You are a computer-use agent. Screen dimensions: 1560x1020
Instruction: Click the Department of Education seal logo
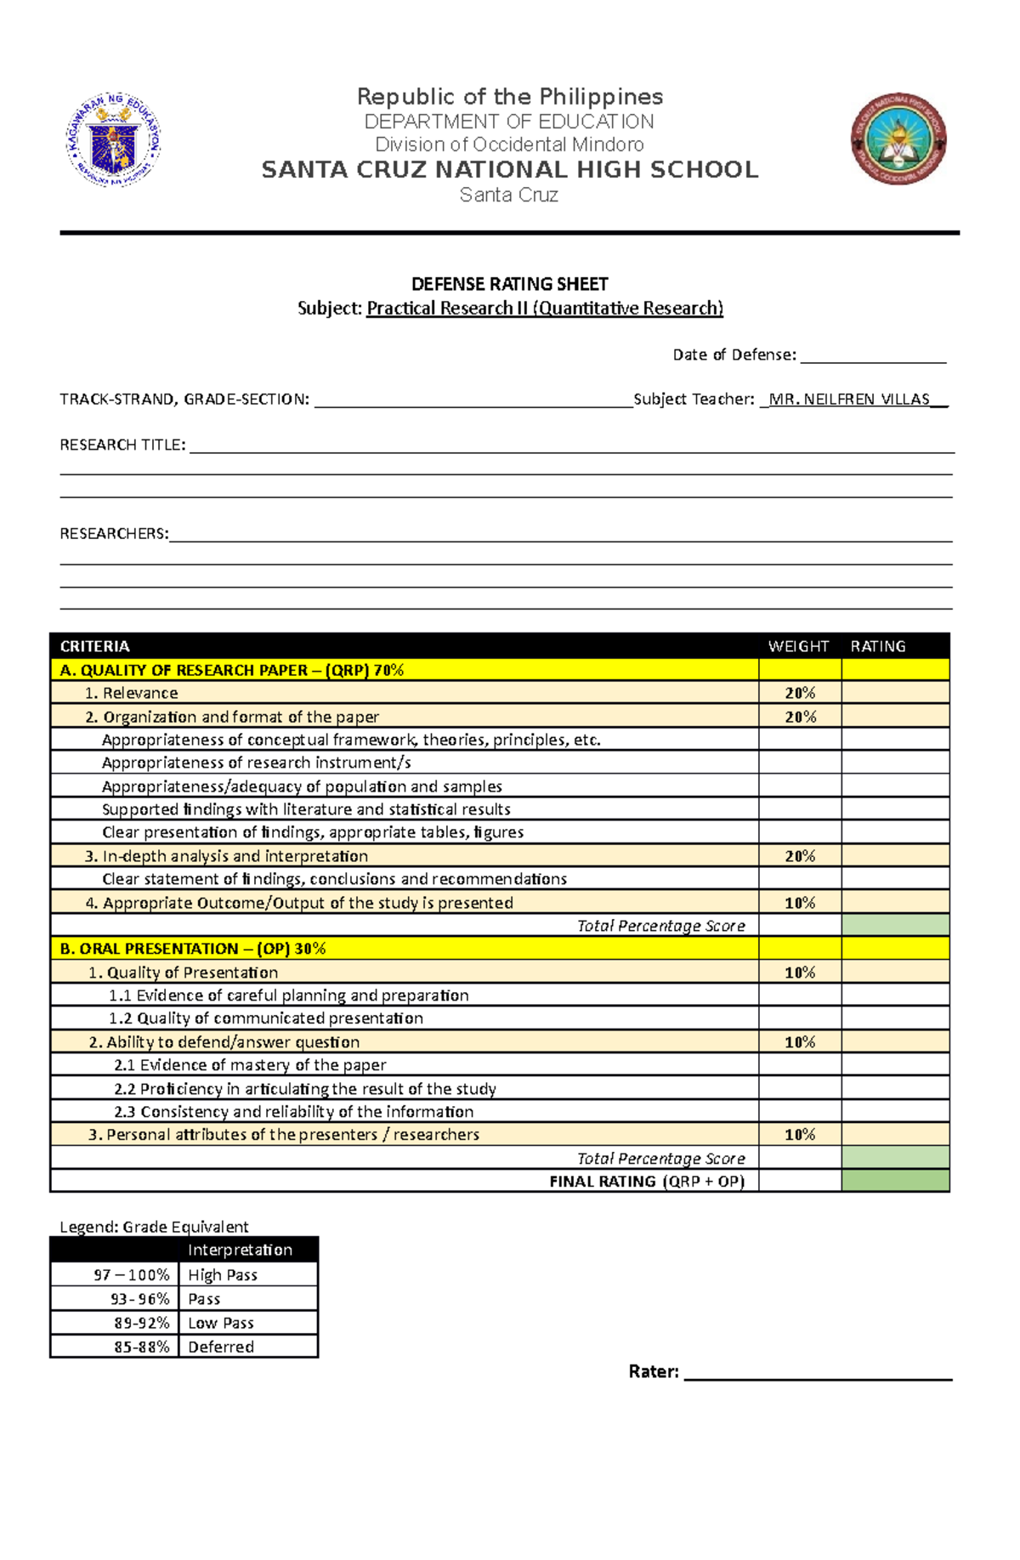coord(114,139)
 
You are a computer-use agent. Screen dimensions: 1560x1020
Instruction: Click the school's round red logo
coord(898,139)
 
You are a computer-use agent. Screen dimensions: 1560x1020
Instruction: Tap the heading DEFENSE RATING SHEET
coord(509,284)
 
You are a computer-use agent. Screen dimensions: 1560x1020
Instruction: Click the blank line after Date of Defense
coord(873,357)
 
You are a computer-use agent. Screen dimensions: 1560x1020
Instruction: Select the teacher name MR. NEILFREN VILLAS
coord(849,400)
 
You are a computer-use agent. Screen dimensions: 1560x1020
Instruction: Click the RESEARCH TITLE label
coord(122,445)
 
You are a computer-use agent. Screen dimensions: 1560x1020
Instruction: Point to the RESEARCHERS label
coord(114,534)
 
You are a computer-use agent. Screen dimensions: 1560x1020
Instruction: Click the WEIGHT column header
coord(798,646)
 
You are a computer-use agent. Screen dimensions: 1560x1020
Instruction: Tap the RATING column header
coord(877,646)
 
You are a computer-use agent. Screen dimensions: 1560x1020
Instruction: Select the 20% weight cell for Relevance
coord(800,693)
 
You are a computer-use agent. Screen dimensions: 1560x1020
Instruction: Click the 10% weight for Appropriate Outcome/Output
coord(800,903)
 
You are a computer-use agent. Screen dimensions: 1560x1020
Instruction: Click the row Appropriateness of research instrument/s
coord(257,763)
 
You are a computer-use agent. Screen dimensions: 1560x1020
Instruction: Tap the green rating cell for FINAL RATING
coord(895,1181)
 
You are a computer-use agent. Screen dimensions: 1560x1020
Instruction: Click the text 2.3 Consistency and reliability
coord(294,1112)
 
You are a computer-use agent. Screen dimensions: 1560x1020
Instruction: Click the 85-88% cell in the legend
coord(141,1347)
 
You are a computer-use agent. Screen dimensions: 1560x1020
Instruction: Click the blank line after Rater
coord(817,1372)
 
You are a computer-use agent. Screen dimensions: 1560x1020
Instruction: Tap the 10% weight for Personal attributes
coord(800,1135)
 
